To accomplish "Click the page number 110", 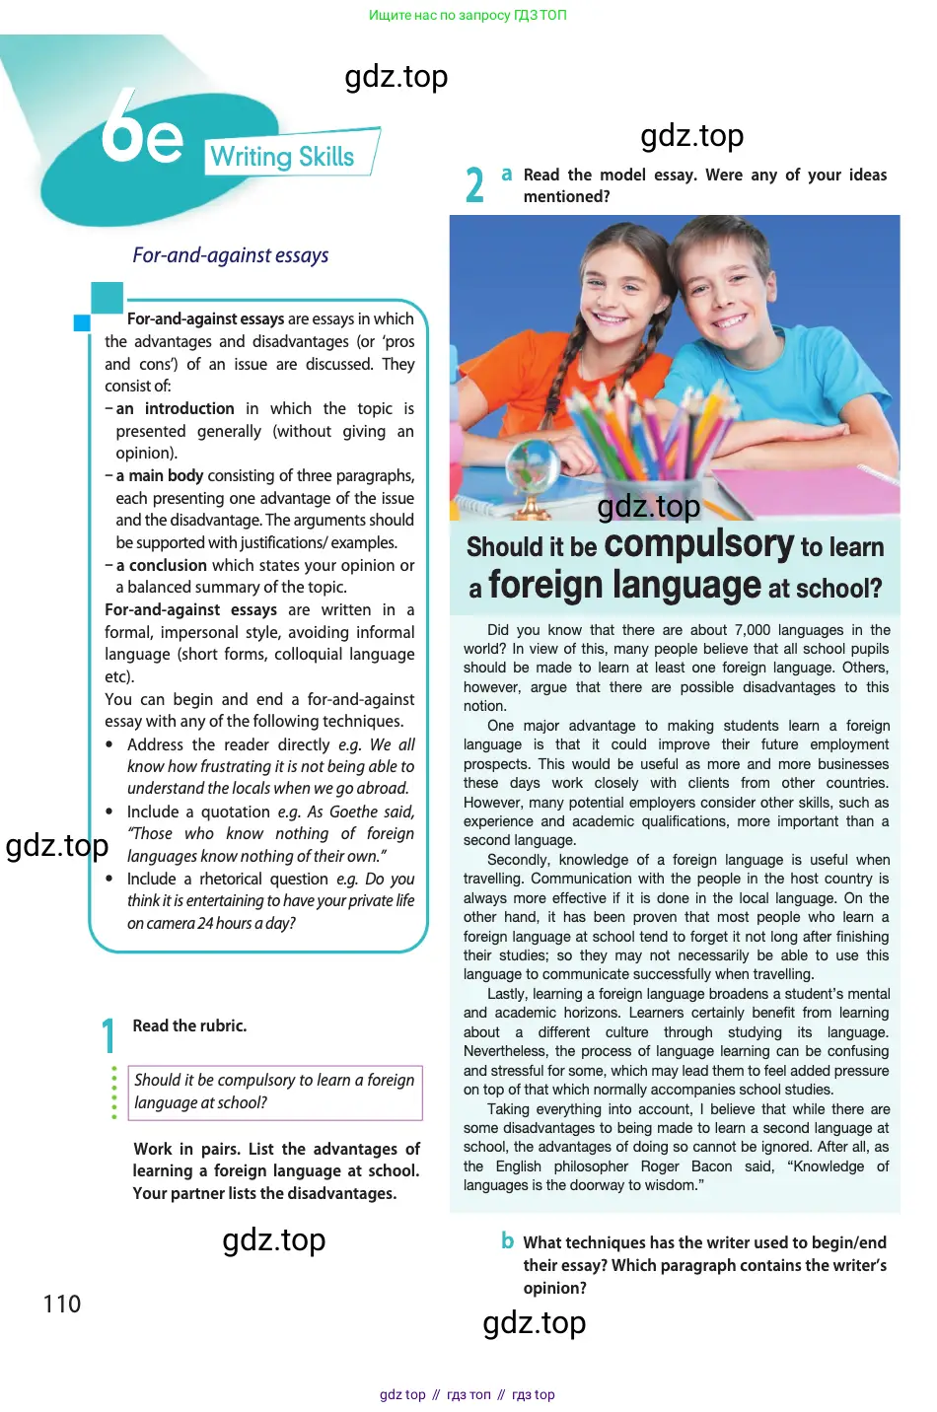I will [x=62, y=1305].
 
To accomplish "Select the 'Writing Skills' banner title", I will [x=282, y=157].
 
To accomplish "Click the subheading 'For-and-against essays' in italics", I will [x=231, y=255].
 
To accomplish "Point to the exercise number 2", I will [x=474, y=185].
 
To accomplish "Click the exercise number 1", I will [x=108, y=1035].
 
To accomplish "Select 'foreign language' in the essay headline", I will [x=624, y=585].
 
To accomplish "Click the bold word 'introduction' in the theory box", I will [x=189, y=408].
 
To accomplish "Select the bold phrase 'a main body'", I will [x=160, y=475].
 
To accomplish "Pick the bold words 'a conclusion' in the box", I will [x=162, y=565].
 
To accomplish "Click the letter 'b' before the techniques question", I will [x=507, y=1240].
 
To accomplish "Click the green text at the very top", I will [x=468, y=15].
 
